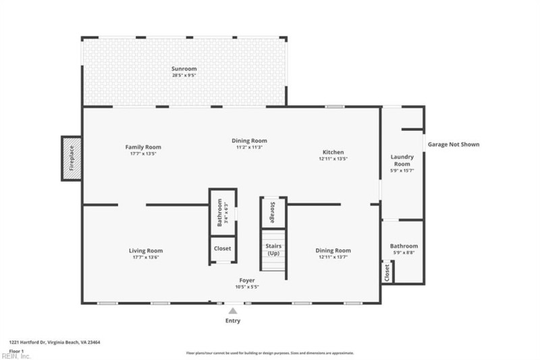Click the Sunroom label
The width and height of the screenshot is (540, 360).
(184, 69)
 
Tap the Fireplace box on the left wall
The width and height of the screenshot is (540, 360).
(72, 158)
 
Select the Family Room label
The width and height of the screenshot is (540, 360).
(143, 147)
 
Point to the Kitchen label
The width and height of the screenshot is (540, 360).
(333, 153)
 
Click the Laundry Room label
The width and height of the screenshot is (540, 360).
(402, 160)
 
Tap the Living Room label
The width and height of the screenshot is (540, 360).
(146, 251)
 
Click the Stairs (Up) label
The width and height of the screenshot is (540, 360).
(273, 250)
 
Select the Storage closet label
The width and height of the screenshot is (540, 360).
(273, 212)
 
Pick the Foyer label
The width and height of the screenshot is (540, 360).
(247, 280)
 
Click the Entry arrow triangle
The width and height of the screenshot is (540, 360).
(233, 311)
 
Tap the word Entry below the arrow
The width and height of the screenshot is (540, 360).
(232, 321)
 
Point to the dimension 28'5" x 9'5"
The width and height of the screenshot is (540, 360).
(184, 75)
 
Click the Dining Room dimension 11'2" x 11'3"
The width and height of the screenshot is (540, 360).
(249, 147)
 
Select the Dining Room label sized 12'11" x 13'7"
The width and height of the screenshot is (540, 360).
(333, 251)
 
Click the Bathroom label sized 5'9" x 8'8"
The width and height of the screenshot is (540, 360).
(404, 246)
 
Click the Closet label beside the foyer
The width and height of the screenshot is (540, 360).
(222, 249)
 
